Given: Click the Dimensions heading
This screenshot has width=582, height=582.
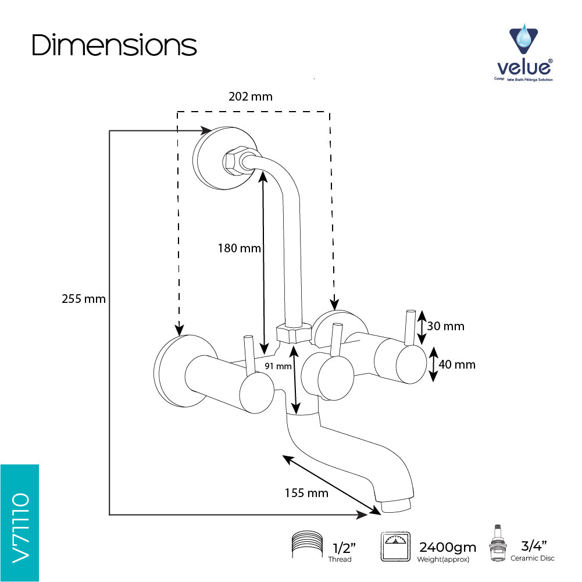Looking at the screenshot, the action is (114, 45).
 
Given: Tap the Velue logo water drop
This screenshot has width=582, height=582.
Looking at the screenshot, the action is (524, 37).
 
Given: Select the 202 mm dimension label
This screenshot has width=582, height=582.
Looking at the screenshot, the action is (251, 97).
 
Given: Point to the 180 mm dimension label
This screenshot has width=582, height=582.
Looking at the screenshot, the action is (240, 248).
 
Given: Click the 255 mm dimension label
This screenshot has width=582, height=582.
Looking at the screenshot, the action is (84, 299).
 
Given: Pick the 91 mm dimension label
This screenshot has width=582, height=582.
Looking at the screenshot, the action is (278, 366).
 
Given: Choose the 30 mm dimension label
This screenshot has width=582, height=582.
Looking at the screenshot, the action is (445, 326).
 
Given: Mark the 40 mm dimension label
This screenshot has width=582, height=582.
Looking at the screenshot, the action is (457, 365).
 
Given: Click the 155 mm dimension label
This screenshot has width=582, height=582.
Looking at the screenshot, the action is (306, 493).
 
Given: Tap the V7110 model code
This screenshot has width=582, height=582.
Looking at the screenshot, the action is (20, 528).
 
